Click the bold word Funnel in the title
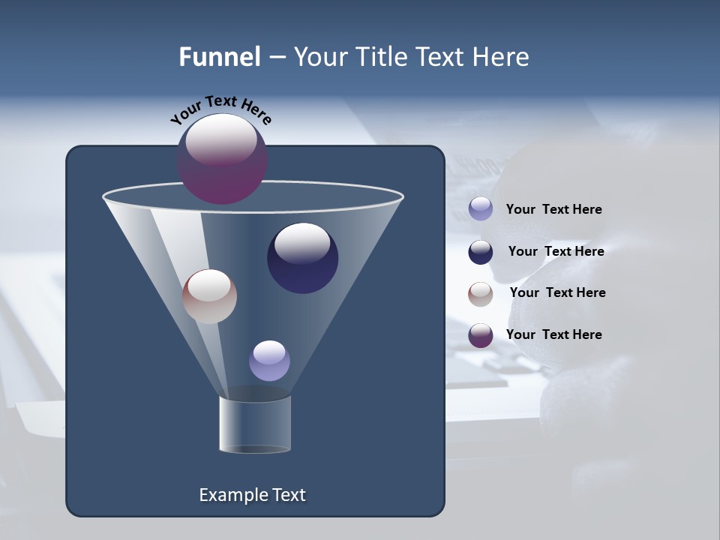pyautogui.click(x=219, y=57)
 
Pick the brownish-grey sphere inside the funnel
pyautogui.click(x=209, y=297)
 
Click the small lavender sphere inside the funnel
pyautogui.click(x=269, y=361)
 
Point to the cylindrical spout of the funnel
pyautogui.click(x=255, y=424)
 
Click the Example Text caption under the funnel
pyautogui.click(x=252, y=495)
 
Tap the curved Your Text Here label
pyautogui.click(x=220, y=109)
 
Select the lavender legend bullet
pyautogui.click(x=481, y=209)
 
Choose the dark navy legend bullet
pyautogui.click(x=481, y=252)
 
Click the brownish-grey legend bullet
pyautogui.click(x=481, y=294)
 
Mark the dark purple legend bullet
pyautogui.click(x=481, y=335)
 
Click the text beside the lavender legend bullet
pyautogui.click(x=553, y=210)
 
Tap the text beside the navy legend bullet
pyautogui.click(x=556, y=251)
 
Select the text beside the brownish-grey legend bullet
pyautogui.click(x=557, y=292)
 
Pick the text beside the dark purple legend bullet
pyautogui.click(x=553, y=334)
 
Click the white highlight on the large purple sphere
pyautogui.click(x=221, y=140)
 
